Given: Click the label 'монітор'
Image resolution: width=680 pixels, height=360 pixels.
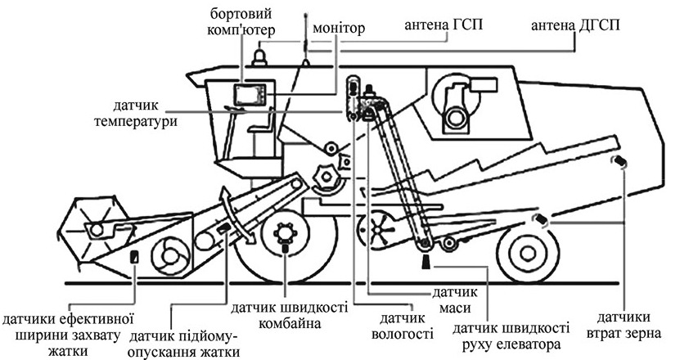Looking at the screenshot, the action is pos(339,28).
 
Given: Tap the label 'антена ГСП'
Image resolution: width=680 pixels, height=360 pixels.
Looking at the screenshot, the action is pos(444,25).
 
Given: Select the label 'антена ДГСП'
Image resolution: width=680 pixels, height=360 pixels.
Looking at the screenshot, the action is pos(575,25).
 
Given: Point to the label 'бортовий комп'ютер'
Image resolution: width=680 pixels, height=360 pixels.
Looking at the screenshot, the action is pos(241,22).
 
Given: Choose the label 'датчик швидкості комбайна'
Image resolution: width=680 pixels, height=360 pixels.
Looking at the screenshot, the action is pos(289,315).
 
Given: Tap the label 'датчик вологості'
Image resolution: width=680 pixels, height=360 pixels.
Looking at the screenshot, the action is pos(403,326).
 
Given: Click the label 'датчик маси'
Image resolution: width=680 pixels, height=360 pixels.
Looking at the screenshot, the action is pos(454,299).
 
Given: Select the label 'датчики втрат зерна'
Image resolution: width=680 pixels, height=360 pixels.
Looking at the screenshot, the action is pos(624,326).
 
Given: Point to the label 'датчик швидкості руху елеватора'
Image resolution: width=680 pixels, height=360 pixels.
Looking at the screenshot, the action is pos(511,335).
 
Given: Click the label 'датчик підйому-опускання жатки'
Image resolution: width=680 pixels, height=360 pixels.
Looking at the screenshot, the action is pos(184,344).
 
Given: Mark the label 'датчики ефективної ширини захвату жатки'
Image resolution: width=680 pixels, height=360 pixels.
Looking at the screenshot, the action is pos(67,335).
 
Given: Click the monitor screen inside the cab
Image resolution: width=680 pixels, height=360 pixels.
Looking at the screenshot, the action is pos(250,95).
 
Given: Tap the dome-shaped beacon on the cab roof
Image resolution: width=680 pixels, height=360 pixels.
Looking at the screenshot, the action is pos(259,58).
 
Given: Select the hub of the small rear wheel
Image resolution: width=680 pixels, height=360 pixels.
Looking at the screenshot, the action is pos(528,253).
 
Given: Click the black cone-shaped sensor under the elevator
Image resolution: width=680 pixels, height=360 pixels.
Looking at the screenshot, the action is pos(426,261).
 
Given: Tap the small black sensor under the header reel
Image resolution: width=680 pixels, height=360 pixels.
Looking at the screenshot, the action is pos(134,256).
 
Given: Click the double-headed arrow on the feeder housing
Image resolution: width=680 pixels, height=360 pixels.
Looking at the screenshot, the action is pos(237,214).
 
